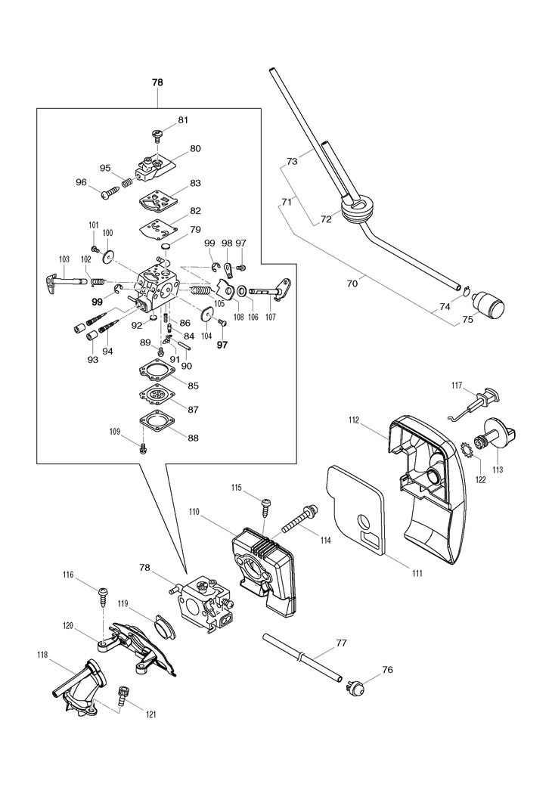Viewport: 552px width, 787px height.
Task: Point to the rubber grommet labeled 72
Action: click(x=358, y=207)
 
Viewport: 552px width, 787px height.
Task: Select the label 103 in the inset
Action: click(x=64, y=259)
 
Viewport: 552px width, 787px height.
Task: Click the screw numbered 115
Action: click(x=265, y=503)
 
